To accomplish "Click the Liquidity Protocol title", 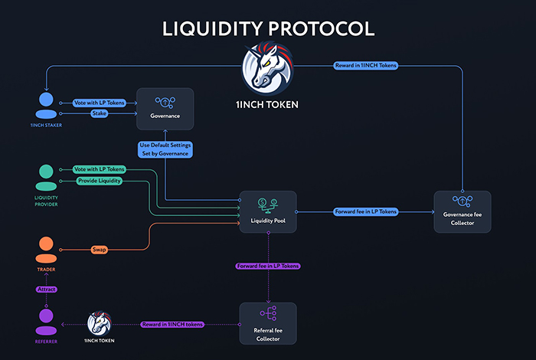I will pyautogui.click(x=268, y=29).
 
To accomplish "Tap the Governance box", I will pyautogui.click(x=165, y=108).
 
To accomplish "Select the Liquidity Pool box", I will pyautogui.click(x=268, y=211).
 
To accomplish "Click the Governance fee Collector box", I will pyautogui.click(x=462, y=211).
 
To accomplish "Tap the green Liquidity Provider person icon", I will pyautogui.click(x=46, y=178).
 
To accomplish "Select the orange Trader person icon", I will pyautogui.click(x=46, y=250).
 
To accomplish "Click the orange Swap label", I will pyautogui.click(x=99, y=250).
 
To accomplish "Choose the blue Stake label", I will pyautogui.click(x=100, y=113).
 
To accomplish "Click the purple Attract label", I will pyautogui.click(x=46, y=290).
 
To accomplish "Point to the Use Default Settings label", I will pyautogui.click(x=165, y=149).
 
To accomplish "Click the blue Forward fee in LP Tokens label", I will pyautogui.click(x=365, y=211).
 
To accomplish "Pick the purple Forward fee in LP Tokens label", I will pyautogui.click(x=268, y=265).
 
